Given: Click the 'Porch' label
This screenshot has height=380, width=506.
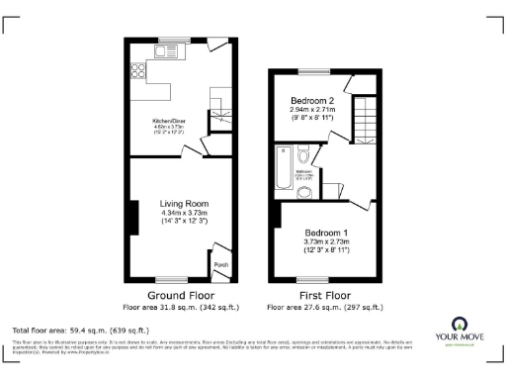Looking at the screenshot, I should coord(220,264).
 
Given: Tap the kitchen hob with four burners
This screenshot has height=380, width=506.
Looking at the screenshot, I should coord(136,70).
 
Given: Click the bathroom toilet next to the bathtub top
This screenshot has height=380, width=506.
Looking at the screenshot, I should coord(303,153).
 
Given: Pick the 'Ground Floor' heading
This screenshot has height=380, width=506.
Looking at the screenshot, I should coord(179,296).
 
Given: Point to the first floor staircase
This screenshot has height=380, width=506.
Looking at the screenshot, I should coord(367,124).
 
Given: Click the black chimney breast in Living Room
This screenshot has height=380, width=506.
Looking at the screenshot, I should coord(131,217).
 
